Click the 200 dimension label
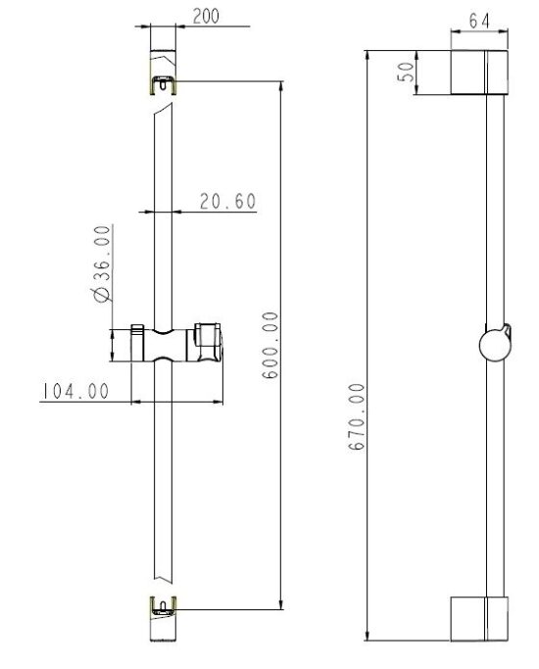[207, 16]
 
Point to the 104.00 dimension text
[73, 391]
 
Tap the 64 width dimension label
[479, 20]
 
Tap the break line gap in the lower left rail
[163, 582]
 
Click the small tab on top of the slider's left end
[139, 326]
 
